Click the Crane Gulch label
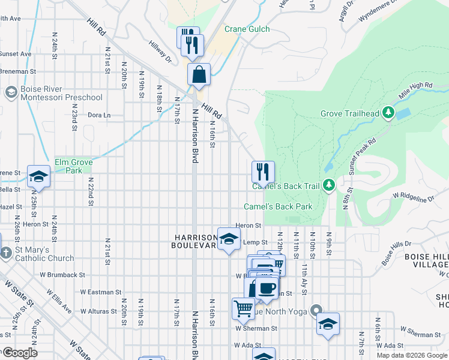247,29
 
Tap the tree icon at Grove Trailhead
388,112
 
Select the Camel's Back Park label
278,206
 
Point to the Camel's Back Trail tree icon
328,186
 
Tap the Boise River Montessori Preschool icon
11,92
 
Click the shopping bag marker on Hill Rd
199,76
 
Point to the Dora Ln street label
100,115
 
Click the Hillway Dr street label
160,51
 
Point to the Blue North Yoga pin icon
316,311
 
